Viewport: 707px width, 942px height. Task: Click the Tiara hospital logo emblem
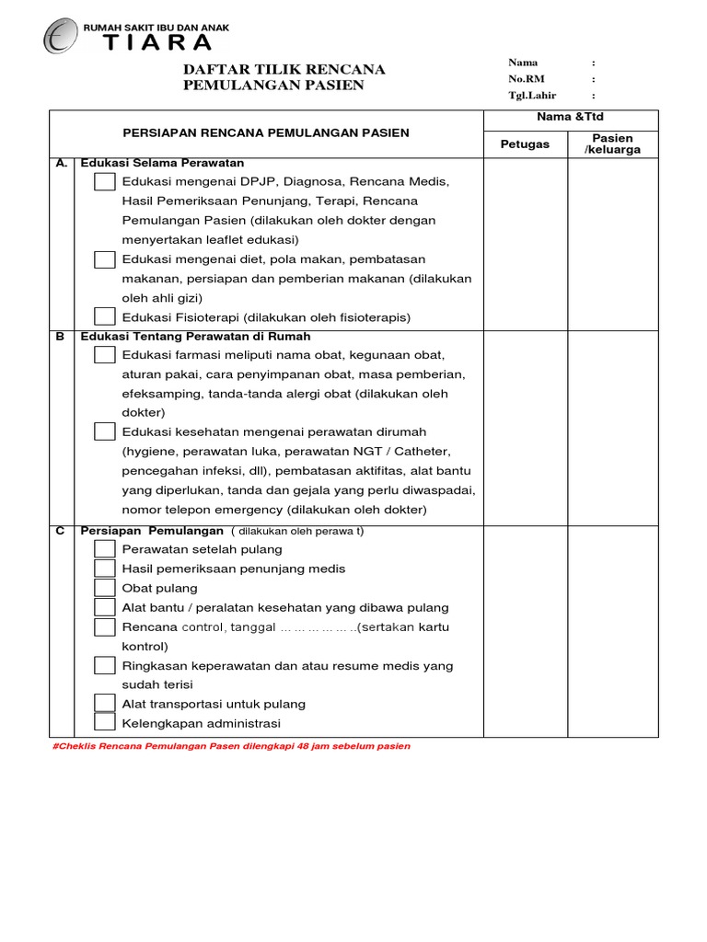61,37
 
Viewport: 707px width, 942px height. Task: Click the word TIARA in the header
157,43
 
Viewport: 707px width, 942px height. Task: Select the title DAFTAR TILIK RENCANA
284,70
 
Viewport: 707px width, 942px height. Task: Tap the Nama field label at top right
523,63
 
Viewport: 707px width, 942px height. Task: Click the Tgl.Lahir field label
532,96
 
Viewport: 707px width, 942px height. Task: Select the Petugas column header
525,144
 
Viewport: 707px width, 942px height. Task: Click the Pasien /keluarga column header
612,144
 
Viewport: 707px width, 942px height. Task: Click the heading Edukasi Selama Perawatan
162,163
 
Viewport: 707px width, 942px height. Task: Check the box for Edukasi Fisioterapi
105,316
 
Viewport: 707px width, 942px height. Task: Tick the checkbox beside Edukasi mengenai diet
105,259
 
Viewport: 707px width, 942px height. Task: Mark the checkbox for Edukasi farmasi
105,355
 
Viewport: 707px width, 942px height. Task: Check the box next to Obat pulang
105,588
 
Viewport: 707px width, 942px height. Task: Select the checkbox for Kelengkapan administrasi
105,723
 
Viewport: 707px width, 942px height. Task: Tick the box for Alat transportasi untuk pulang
105,704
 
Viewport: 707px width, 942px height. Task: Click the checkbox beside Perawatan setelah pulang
105,549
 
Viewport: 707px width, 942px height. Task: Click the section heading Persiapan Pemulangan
152,531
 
